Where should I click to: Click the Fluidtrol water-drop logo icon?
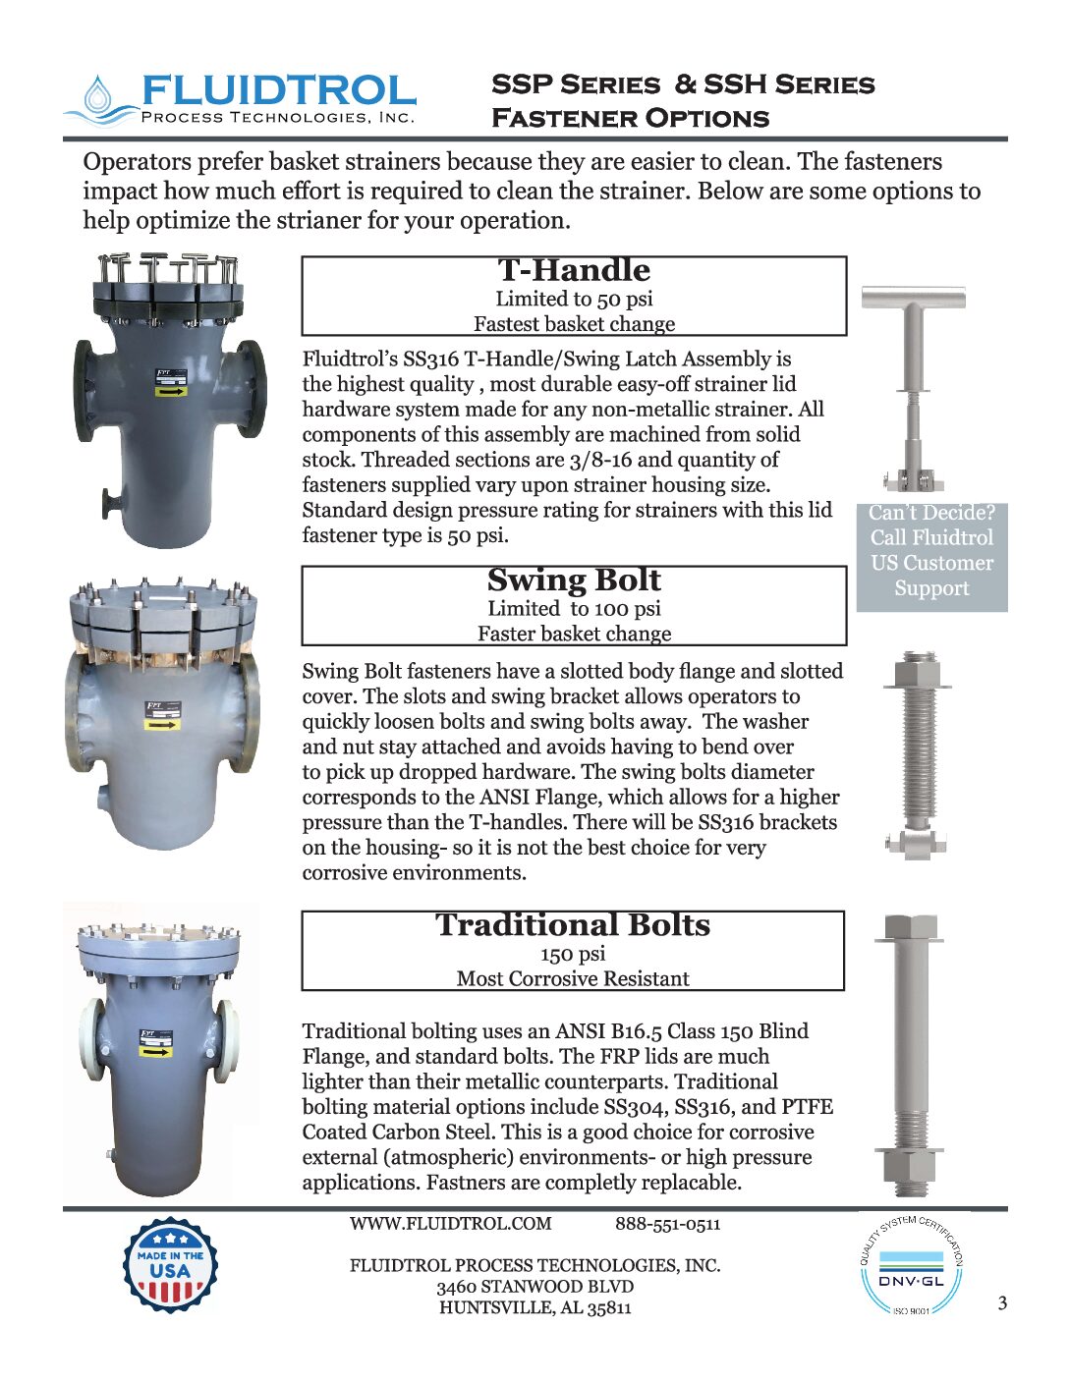(x=98, y=98)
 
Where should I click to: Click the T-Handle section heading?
(x=574, y=270)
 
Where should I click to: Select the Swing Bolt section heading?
(x=574, y=580)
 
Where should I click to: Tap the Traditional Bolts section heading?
(x=573, y=924)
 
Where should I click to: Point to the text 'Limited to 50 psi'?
(x=574, y=299)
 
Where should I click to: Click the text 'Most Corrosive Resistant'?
(x=573, y=978)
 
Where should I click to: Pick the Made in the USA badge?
(x=170, y=1264)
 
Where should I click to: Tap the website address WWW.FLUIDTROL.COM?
(x=450, y=1224)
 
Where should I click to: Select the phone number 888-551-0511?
(x=668, y=1224)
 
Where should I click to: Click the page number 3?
(x=1002, y=1303)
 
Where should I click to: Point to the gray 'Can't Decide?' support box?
(x=931, y=551)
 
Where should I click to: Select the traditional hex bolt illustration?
(x=910, y=1056)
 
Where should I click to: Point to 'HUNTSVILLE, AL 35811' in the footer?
(x=535, y=1307)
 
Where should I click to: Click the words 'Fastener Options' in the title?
(x=630, y=119)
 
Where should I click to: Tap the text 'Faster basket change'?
(x=574, y=634)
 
